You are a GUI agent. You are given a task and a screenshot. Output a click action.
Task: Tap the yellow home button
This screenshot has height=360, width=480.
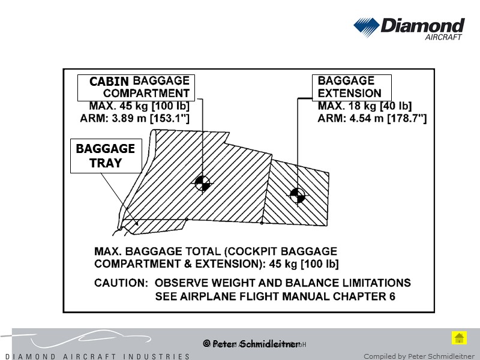click(x=459, y=338)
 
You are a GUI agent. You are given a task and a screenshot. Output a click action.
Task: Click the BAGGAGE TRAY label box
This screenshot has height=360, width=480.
click(x=106, y=156)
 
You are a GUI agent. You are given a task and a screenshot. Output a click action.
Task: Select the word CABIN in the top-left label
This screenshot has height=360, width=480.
click(x=109, y=82)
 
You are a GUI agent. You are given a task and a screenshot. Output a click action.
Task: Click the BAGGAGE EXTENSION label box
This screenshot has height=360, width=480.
click(x=351, y=87)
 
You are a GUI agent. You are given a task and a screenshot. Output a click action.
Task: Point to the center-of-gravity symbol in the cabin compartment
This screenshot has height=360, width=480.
click(x=203, y=184)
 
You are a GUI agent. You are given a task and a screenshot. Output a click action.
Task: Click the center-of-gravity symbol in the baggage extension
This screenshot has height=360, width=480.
click(x=297, y=195)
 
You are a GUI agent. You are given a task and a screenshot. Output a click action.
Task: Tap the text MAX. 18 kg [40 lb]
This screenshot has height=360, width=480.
click(x=364, y=106)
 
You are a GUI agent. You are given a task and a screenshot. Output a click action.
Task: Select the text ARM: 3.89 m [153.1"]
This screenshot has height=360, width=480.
click(x=135, y=119)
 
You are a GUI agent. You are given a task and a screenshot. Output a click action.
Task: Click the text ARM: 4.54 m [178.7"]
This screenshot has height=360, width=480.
click(x=372, y=119)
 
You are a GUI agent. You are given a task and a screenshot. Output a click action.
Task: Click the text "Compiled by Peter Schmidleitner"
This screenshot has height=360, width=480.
click(x=419, y=356)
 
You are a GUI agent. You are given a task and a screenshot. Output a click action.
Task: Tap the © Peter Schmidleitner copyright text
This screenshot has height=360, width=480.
click(x=251, y=344)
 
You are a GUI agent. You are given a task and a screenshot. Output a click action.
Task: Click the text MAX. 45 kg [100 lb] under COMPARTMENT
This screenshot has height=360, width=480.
click(x=139, y=106)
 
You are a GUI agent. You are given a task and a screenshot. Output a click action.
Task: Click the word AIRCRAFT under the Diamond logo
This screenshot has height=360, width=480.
click(x=443, y=37)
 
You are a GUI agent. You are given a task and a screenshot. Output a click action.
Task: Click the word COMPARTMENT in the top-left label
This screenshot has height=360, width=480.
click(x=146, y=94)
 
